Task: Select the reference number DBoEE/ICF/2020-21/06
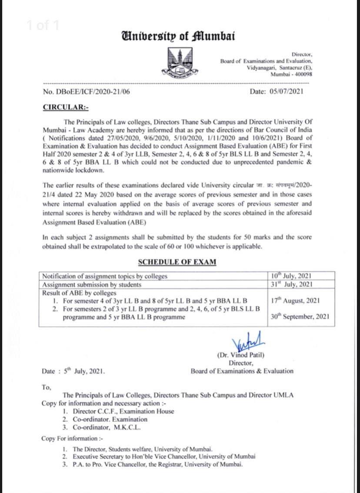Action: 86,91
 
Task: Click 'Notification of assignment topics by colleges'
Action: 104,276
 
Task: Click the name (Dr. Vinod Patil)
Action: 241,355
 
